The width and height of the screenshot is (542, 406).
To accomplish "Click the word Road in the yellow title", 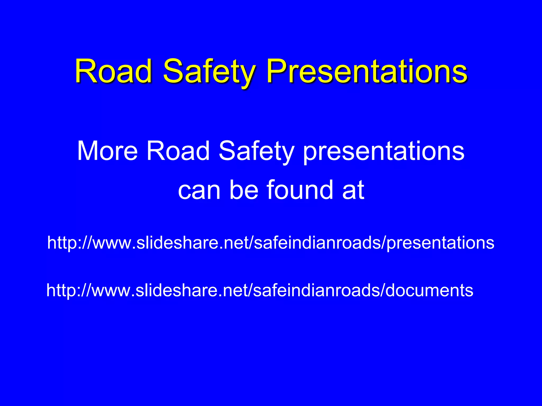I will coord(114,71).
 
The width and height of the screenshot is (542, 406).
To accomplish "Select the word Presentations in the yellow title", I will coord(367,71).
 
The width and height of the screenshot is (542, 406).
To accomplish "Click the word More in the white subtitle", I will coord(107,151).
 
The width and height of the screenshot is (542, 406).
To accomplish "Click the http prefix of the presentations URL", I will coord(62,243).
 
